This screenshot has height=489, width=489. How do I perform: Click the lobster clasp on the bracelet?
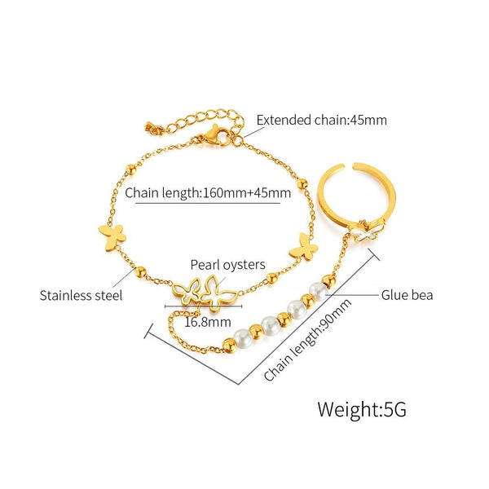[x=215, y=136]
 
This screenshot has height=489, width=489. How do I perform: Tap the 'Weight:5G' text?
[x=362, y=409]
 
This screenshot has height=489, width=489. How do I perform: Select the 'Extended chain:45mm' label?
[x=322, y=120]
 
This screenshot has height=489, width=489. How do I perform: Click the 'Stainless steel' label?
[x=81, y=295]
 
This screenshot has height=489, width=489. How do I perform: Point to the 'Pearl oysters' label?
[x=227, y=265]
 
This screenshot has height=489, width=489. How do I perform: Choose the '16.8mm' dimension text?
[x=208, y=322]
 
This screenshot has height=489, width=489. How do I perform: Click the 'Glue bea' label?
[x=407, y=295]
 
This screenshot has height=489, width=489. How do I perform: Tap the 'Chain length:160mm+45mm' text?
[x=208, y=192]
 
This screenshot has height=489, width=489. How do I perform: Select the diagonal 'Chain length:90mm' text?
[x=307, y=340]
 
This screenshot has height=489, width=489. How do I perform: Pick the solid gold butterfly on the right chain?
[x=304, y=247]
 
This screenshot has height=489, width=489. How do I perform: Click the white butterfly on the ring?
[x=368, y=231]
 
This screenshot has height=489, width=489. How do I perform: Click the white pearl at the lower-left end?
[x=243, y=338]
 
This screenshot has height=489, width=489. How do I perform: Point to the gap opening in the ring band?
[x=348, y=166]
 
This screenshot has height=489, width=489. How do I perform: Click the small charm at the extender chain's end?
[x=150, y=128]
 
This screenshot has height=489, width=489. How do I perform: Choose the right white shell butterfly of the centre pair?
[x=218, y=293]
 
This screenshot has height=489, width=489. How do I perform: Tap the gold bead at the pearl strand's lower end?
[x=230, y=346]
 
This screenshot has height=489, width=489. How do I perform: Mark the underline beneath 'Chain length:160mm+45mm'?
[x=208, y=203]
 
